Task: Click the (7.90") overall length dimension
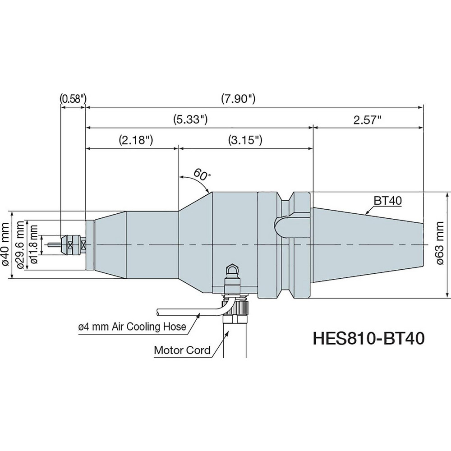point(239,98)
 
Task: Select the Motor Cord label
point(182,350)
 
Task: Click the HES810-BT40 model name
point(368,338)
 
